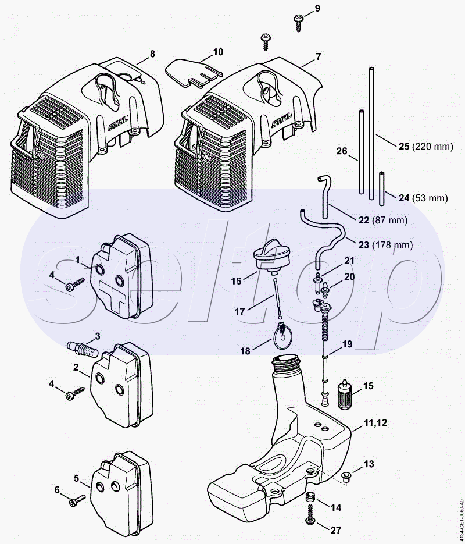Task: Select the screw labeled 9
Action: click(x=298, y=23)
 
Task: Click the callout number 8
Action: click(x=152, y=54)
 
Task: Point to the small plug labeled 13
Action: click(x=345, y=477)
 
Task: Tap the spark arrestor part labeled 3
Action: click(x=83, y=349)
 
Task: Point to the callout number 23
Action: click(x=363, y=246)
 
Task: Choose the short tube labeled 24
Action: click(x=382, y=189)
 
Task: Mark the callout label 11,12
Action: click(x=375, y=423)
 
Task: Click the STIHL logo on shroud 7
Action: click(x=281, y=120)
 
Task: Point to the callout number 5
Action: click(x=77, y=478)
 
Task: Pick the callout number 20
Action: click(x=349, y=277)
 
